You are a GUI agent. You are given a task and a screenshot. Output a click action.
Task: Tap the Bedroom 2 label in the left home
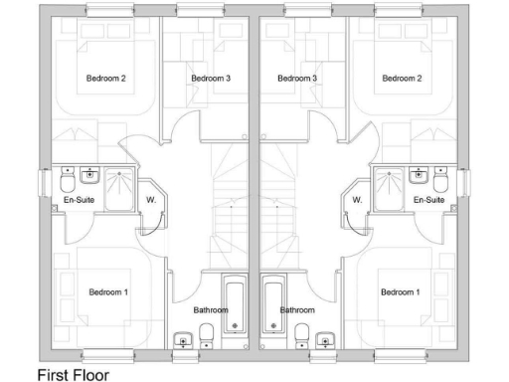[x=105, y=78]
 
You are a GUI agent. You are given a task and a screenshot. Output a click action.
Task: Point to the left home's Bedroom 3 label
[x=211, y=78]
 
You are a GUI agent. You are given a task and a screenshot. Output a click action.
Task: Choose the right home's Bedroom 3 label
[x=297, y=78]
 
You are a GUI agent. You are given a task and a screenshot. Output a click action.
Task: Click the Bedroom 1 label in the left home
[x=108, y=291]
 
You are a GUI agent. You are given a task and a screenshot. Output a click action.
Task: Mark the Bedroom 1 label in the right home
[x=400, y=291]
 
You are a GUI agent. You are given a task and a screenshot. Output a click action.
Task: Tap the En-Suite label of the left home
[x=79, y=200]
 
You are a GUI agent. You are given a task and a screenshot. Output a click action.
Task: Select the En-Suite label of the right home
[x=428, y=200]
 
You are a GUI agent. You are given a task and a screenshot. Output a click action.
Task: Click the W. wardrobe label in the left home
[x=152, y=200]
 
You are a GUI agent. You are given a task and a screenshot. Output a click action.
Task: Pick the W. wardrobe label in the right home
[x=356, y=200]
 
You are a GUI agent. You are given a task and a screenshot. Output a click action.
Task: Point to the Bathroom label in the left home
[x=211, y=310]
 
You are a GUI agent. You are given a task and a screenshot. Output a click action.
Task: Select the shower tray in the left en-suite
[x=123, y=185]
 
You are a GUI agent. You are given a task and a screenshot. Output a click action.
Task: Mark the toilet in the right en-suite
[x=442, y=182]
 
